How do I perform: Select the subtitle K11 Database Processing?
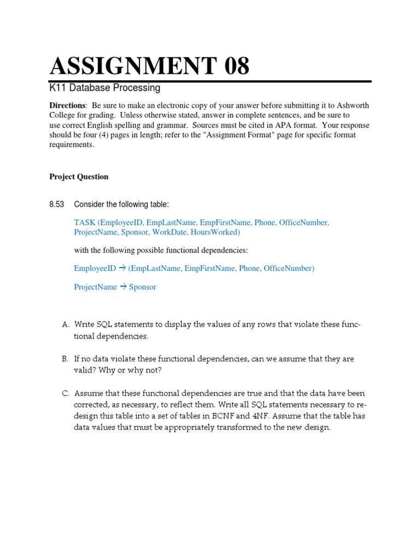coord(104,87)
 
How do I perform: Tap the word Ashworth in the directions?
coord(354,105)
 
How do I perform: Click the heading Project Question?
coord(79,177)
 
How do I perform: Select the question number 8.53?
coord(57,205)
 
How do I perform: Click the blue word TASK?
coord(85,223)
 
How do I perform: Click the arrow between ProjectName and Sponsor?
coord(123,287)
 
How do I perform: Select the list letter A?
coord(65,325)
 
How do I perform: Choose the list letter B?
coord(65,359)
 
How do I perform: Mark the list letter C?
coord(65,394)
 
